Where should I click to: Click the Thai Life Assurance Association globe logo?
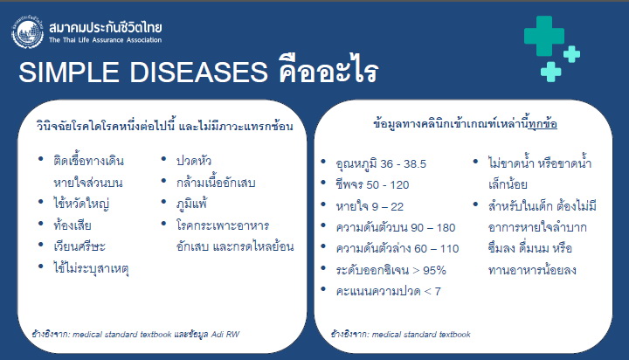[27, 32]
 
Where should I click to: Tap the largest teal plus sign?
[544, 36]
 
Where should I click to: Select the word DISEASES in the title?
[198, 73]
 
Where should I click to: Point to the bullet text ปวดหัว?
[194, 161]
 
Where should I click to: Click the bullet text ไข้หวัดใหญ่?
[81, 204]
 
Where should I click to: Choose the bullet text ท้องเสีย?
[73, 225]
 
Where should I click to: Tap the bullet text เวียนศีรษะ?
[79, 246]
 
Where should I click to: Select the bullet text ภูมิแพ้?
[191, 204]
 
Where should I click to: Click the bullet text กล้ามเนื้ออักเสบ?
[216, 183]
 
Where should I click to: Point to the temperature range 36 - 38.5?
[403, 164]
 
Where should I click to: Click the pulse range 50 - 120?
[388, 185]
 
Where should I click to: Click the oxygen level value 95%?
[434, 271]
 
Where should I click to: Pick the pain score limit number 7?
[438, 291]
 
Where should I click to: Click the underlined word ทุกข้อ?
[543, 123]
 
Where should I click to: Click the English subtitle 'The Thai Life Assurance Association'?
[105, 40]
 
